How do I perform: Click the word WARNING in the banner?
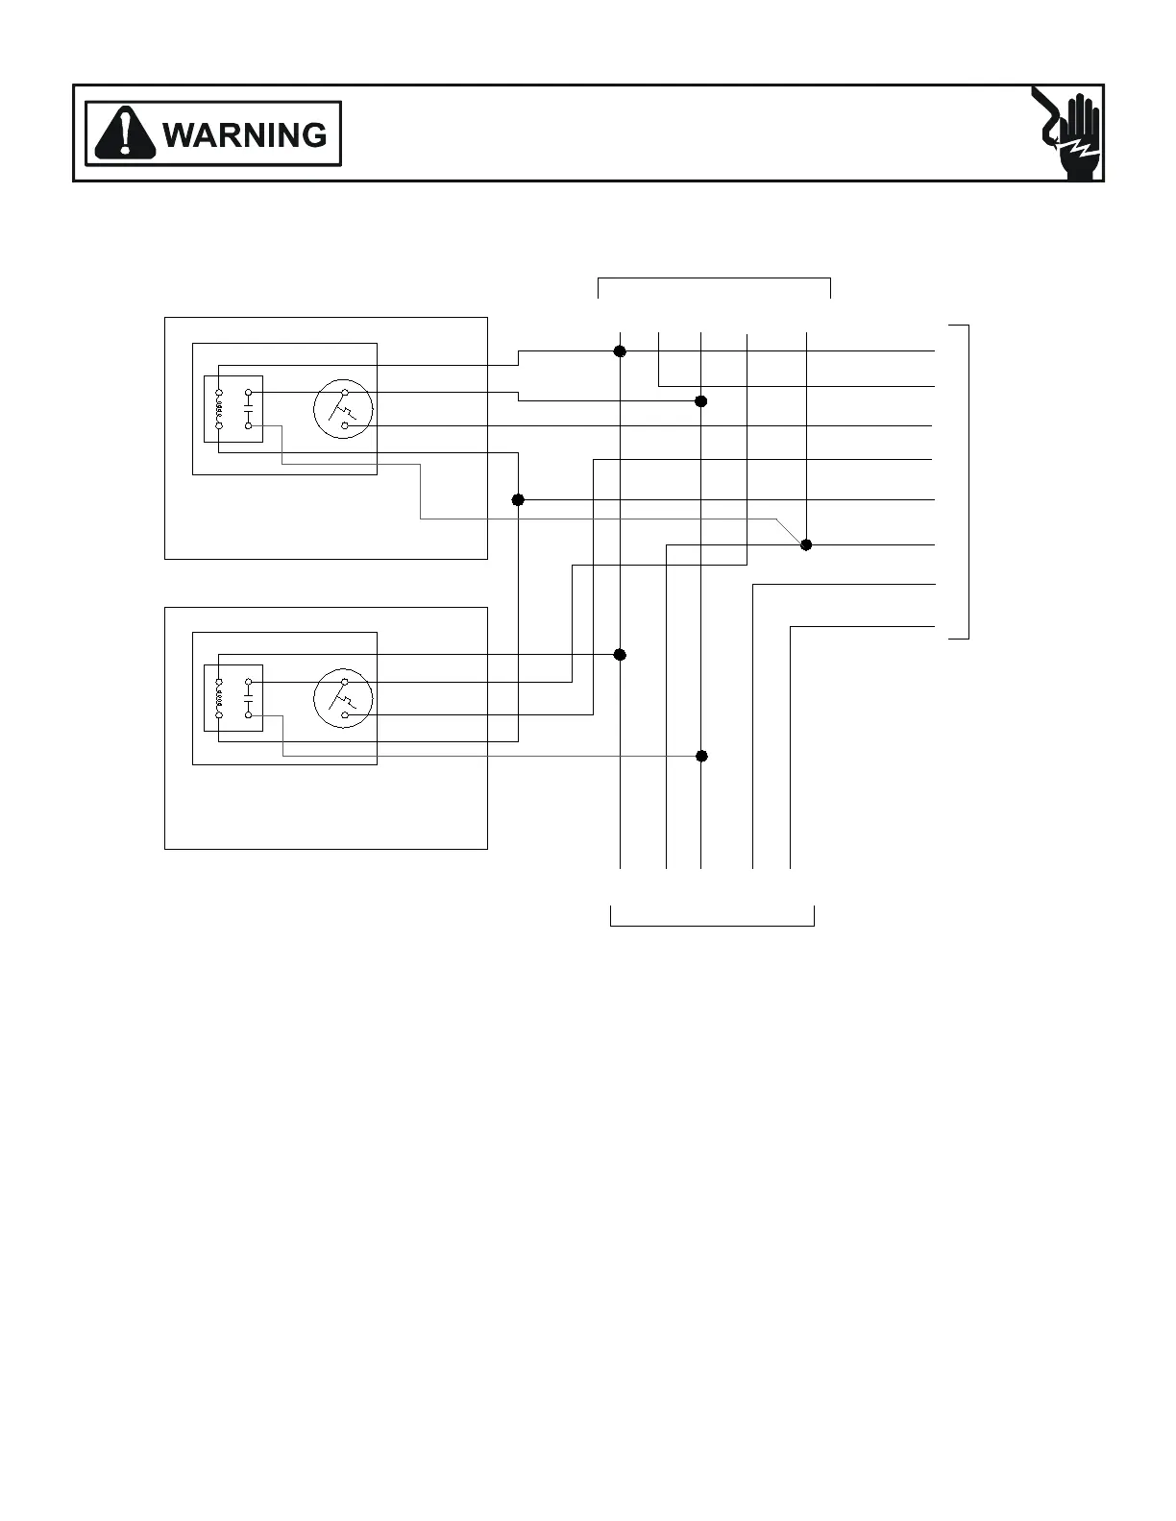pos(246,134)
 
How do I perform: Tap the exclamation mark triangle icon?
pos(126,133)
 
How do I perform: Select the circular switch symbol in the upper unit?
pos(342,408)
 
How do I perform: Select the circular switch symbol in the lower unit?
pos(342,698)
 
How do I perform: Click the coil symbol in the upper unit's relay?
pos(219,409)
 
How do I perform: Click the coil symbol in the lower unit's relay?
pos(219,699)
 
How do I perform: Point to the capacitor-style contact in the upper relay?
pos(248,409)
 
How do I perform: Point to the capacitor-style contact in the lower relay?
pos(248,699)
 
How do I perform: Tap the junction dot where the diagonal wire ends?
pos(806,544)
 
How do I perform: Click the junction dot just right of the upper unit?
pos(518,500)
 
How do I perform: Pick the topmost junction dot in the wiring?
pos(620,351)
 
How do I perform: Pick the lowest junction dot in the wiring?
pos(701,756)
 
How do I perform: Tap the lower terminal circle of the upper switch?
pos(344,424)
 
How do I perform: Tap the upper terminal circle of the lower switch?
pos(344,683)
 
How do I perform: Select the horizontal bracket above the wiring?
pos(714,278)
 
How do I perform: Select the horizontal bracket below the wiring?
pos(712,925)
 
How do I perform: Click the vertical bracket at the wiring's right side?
pos(968,481)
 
